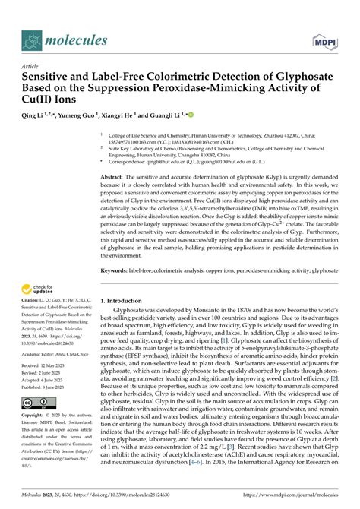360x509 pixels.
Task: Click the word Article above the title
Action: click(33, 67)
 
